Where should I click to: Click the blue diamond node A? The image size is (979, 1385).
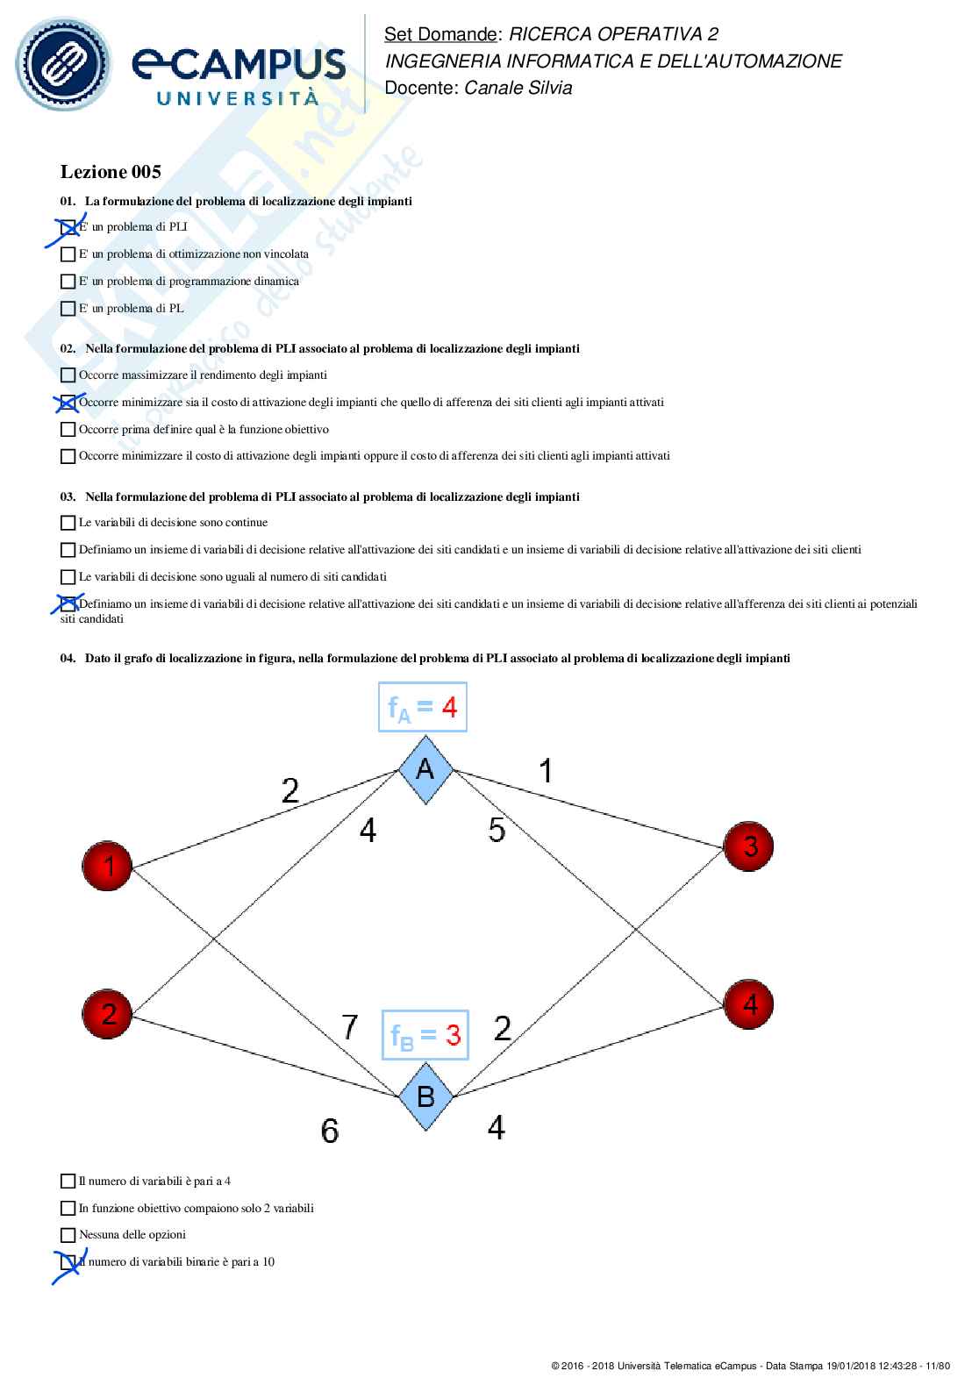coord(425,770)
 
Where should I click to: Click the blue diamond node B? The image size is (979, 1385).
coord(425,1096)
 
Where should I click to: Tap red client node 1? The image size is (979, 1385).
coord(107,866)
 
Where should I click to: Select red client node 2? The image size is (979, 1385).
coord(107,1013)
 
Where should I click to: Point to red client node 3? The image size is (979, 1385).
coord(748,846)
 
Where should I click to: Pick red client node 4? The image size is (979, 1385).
coord(748,1004)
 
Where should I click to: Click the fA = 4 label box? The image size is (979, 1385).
coord(422,707)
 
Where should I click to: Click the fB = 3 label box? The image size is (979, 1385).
coord(425,1035)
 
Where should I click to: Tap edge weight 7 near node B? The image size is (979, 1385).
coord(349,1026)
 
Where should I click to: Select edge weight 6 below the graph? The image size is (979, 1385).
coord(330,1131)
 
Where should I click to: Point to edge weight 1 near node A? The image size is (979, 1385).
coord(546,771)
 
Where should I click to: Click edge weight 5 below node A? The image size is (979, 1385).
coord(497,829)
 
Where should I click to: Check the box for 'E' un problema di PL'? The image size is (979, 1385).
coord(68,309)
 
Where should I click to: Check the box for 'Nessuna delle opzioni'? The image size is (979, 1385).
coord(68,1235)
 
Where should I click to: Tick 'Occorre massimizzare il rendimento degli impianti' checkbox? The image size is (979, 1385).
coord(68,375)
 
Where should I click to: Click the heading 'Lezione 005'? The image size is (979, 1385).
coord(111,172)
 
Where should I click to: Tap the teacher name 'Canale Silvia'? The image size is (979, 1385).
coord(518,88)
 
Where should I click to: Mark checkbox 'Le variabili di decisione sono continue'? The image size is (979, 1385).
coord(68,523)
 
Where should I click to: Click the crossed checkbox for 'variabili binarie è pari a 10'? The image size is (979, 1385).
coord(68,1262)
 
